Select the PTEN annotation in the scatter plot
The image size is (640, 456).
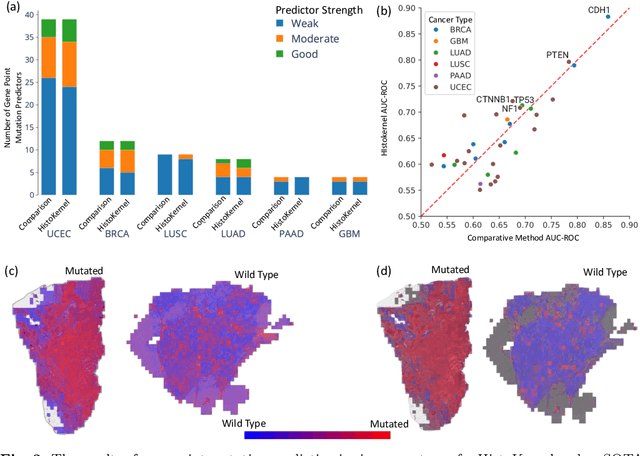click(x=557, y=55)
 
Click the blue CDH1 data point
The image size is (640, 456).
click(x=608, y=17)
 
